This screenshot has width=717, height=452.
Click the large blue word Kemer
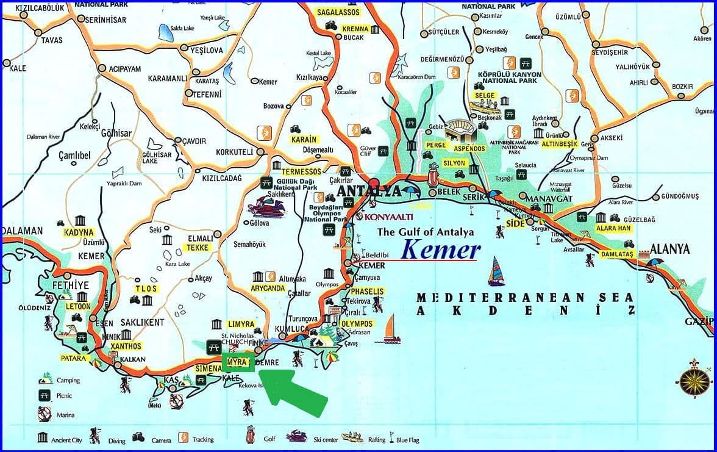(441, 249)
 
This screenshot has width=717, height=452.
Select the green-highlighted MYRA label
(237, 362)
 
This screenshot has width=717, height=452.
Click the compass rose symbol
(693, 380)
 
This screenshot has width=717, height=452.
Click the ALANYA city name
(670, 249)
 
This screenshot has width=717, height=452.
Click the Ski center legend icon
(297, 436)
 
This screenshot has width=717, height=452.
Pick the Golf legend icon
(250, 436)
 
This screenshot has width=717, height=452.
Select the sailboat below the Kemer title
(497, 271)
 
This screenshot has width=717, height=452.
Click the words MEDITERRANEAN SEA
(525, 298)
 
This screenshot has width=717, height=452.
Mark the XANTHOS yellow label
(126, 346)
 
